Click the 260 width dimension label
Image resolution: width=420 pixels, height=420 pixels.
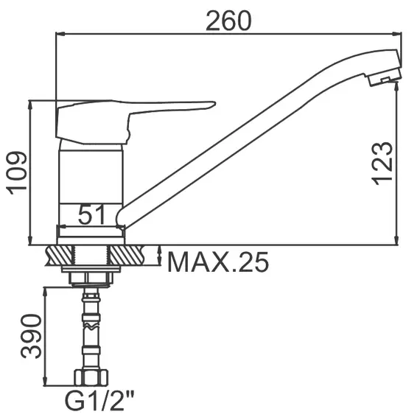[228, 21]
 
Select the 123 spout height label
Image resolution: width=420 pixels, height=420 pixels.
[382, 164]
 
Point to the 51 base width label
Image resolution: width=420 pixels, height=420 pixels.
[91, 215]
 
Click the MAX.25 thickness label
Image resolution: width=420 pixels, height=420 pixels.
[218, 262]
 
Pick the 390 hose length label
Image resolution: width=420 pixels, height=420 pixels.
[32, 337]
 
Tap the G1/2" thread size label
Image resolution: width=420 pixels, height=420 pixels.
[99, 401]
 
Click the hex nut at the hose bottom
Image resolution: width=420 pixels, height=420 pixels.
[91, 377]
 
